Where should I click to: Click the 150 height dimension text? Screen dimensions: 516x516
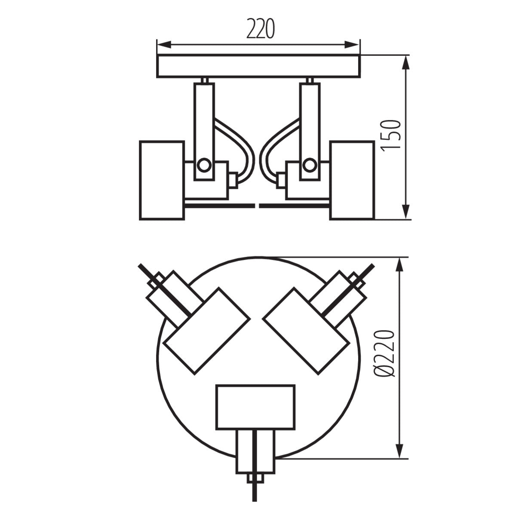point(391,135)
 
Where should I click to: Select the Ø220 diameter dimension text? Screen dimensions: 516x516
point(384,353)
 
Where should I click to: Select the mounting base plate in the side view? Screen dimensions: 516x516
point(258,67)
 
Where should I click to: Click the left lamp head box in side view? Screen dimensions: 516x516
point(162,180)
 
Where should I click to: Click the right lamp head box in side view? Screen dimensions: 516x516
point(352,180)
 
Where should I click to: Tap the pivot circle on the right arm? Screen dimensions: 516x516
point(308,164)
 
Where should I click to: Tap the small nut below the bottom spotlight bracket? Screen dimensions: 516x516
point(256,479)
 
